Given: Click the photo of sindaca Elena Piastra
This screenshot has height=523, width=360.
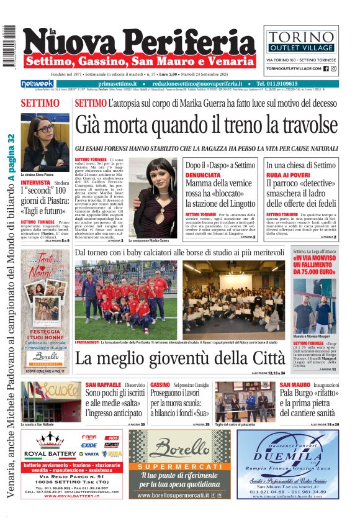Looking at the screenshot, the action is [x=45, y=142].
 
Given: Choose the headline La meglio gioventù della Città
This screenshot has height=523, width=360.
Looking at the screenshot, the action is [x=181, y=359].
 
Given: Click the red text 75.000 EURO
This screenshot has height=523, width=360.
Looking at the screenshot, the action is [x=315, y=271].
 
